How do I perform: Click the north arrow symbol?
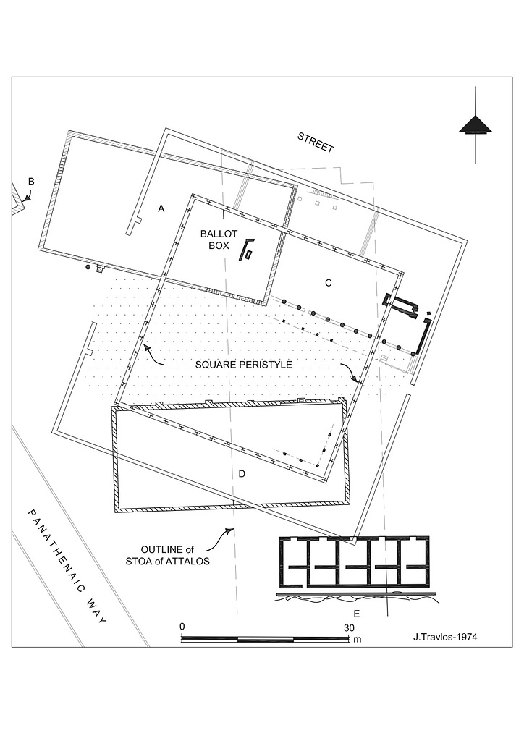click(x=475, y=124)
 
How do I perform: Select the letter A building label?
click(x=161, y=208)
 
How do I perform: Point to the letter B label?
click(x=31, y=181)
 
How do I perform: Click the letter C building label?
click(x=328, y=283)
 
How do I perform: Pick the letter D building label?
click(x=242, y=474)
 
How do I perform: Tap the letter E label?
click(x=357, y=614)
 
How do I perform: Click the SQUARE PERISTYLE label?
click(x=243, y=365)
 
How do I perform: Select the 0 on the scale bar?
click(x=183, y=627)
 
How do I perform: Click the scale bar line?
click(x=265, y=639)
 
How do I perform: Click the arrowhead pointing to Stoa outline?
click(x=231, y=530)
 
